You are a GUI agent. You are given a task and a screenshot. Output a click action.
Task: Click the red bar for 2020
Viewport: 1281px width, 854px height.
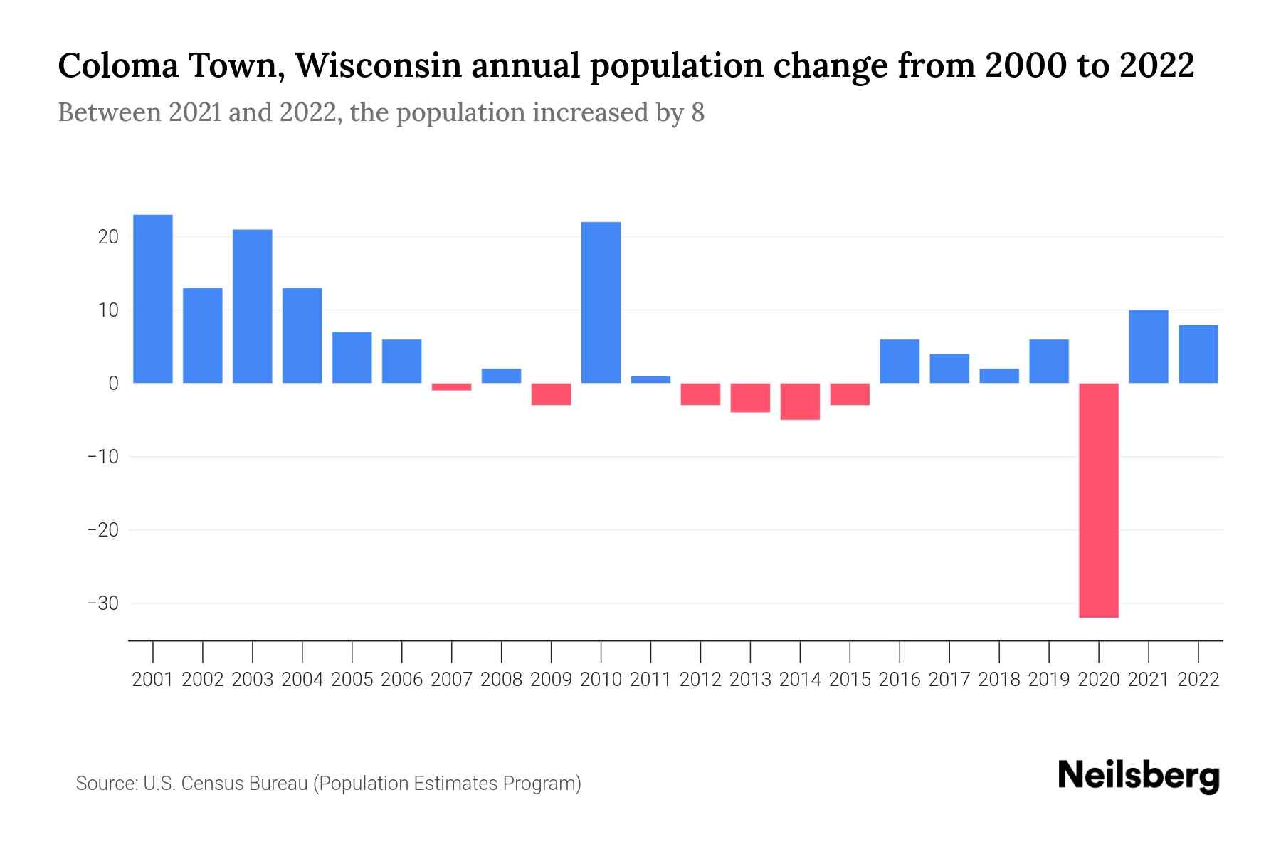[1099, 500]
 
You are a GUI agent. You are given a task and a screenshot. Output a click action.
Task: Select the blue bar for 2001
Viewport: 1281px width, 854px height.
[153, 299]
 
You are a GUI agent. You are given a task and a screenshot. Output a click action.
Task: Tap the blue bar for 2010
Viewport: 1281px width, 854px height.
[601, 302]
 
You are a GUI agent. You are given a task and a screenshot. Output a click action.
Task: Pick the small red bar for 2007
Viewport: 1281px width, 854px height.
[451, 386]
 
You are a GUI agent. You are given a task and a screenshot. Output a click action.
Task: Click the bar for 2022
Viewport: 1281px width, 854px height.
[1198, 354]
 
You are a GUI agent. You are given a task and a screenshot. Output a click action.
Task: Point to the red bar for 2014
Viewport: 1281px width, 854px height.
[800, 401]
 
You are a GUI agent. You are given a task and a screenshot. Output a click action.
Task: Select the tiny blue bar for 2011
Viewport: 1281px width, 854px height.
[650, 379]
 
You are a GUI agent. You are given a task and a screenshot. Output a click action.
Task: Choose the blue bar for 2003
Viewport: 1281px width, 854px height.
[253, 306]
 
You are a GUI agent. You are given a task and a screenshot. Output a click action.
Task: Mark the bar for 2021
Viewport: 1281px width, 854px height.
[1149, 347]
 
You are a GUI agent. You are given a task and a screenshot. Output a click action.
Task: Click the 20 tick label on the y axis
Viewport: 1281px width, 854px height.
[108, 237]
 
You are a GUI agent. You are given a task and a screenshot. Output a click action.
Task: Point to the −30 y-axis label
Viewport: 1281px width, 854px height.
[103, 603]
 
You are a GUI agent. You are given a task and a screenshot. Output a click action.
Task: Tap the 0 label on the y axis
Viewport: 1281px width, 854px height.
[113, 384]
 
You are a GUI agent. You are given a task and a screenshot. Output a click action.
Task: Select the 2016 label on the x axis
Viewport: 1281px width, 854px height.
[900, 680]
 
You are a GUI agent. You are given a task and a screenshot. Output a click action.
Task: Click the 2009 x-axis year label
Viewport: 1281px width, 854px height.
[551, 680]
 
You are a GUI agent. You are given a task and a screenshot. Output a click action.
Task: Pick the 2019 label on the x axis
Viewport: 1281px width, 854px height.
[1049, 680]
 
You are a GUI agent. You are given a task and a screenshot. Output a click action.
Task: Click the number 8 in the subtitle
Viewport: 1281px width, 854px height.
[697, 112]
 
